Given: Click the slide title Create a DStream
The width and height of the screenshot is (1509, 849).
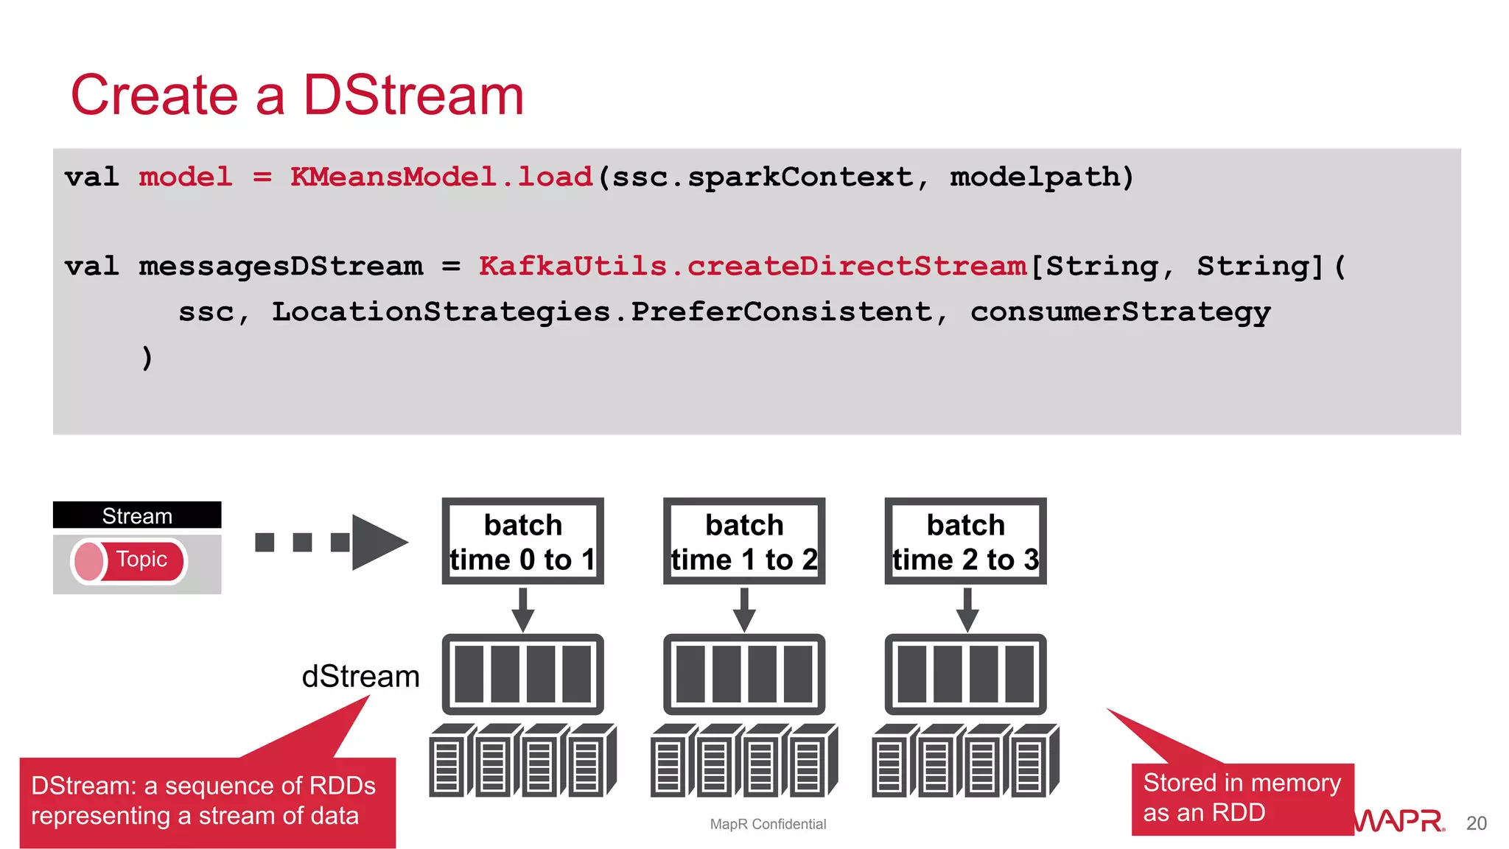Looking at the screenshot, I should (297, 96).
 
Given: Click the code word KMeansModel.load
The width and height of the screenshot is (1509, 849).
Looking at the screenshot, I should (441, 177).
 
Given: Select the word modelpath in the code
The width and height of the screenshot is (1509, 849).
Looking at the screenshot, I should (1040, 177).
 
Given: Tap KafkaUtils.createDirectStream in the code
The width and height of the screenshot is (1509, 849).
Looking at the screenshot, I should (752, 267).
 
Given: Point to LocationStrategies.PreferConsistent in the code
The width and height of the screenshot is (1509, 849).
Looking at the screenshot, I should (601, 312).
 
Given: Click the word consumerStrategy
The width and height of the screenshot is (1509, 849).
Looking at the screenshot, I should (1120, 312).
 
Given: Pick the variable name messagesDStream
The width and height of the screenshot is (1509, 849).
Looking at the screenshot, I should (281, 267).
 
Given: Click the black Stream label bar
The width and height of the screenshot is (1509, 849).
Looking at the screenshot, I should (137, 515).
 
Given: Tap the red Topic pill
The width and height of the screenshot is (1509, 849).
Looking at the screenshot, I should (130, 560).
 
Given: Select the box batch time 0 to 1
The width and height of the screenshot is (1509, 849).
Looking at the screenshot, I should (522, 542).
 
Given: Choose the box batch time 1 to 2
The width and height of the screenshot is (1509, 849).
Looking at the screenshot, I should (744, 542).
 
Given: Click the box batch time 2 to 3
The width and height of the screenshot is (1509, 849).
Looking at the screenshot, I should (965, 542).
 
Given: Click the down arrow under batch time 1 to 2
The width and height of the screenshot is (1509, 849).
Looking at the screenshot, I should (744, 610).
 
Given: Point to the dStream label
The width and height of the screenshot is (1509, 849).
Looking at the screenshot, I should (360, 676).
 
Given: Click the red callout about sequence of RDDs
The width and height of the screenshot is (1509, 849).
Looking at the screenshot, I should (207, 802).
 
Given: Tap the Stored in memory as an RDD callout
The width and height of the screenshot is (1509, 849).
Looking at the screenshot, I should (1242, 799).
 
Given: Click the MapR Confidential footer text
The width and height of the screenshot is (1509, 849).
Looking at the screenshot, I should (768, 824).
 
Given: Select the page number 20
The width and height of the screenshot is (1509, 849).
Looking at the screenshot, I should (1476, 823).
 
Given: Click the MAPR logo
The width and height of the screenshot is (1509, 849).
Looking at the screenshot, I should (1399, 820).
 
